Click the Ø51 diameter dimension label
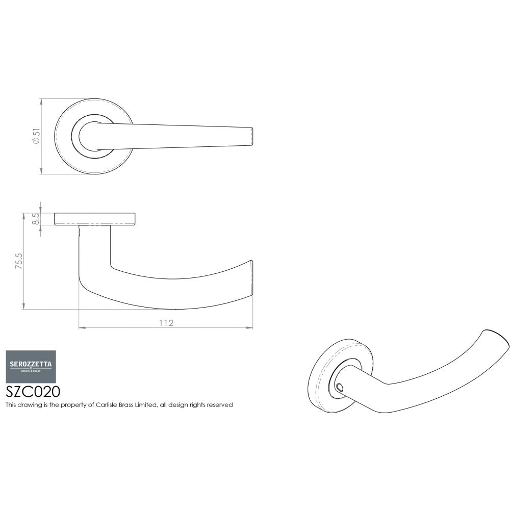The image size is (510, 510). (36, 136)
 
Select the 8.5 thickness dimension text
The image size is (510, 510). (35, 219)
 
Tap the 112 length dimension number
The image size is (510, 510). (166, 323)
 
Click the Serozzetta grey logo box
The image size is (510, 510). (31, 366)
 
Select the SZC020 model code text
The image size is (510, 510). (33, 392)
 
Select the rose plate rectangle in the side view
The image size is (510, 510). (95, 219)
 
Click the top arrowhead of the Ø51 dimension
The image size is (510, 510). (41, 100)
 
